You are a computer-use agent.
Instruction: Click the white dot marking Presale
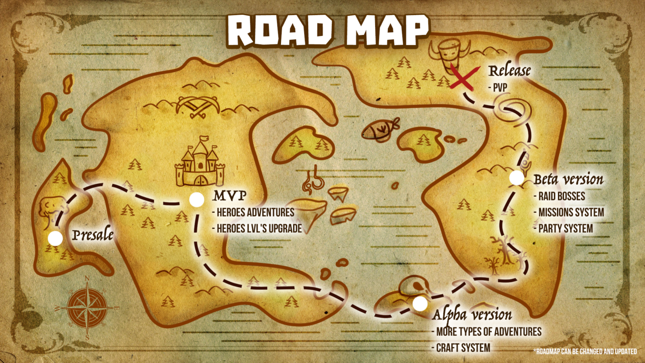(x=55, y=239)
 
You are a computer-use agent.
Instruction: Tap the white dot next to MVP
(x=197, y=199)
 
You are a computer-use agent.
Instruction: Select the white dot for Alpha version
(x=420, y=304)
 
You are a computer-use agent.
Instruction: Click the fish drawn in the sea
(x=376, y=129)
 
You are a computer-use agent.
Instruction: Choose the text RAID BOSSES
(x=562, y=196)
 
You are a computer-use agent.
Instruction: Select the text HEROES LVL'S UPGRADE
(x=257, y=228)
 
